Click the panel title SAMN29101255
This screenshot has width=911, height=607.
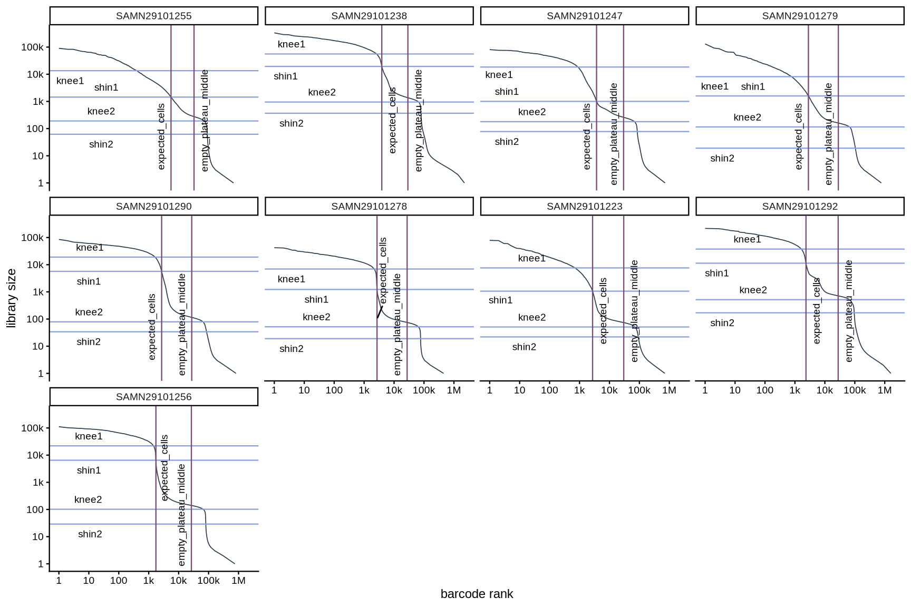tap(153, 16)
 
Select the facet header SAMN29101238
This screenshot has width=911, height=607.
tap(369, 16)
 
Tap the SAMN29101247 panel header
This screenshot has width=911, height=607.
tap(584, 16)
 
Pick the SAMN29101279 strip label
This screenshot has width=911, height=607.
tap(800, 16)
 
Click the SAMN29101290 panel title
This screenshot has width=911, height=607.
tap(153, 207)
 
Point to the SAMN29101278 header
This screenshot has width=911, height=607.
tap(369, 207)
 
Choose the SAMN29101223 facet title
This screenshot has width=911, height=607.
tap(584, 207)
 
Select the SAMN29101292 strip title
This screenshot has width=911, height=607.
tap(800, 207)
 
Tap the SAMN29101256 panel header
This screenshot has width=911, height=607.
tap(153, 397)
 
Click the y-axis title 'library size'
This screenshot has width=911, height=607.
tap(12, 298)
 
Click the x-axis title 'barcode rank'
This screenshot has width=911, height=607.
tap(477, 594)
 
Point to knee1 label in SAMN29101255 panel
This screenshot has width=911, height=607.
tap(70, 81)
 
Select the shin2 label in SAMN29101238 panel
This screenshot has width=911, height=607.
tap(291, 123)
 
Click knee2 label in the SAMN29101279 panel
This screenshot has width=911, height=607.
tap(747, 118)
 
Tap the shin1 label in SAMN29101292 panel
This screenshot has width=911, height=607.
tap(716, 273)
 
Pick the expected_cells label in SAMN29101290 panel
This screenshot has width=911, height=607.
tap(152, 327)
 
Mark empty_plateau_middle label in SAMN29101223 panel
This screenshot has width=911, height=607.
tap(634, 311)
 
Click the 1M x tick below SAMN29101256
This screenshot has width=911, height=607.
tap(238, 581)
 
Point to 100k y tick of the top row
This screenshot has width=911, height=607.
tap(33, 47)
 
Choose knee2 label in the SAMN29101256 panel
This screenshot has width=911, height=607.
tap(88, 500)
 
